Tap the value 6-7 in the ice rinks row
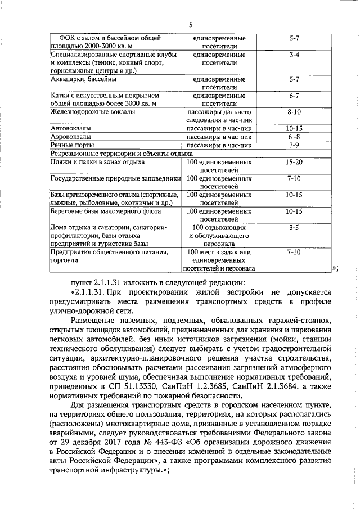(293, 96)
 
